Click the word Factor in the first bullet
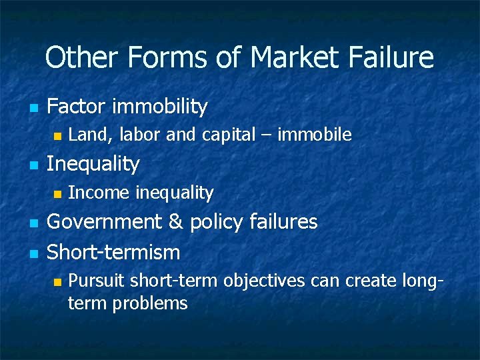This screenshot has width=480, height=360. click(x=77, y=106)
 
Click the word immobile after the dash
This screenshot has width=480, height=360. click(x=314, y=135)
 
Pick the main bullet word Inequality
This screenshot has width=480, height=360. click(x=93, y=163)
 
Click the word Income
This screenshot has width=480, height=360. click(x=99, y=193)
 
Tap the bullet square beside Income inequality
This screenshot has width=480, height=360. click(x=57, y=194)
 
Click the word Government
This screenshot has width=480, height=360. click(x=105, y=221)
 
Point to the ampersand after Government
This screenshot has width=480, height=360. click(x=176, y=221)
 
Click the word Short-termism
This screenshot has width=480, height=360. click(x=113, y=252)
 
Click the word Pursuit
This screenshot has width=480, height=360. click(x=96, y=281)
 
